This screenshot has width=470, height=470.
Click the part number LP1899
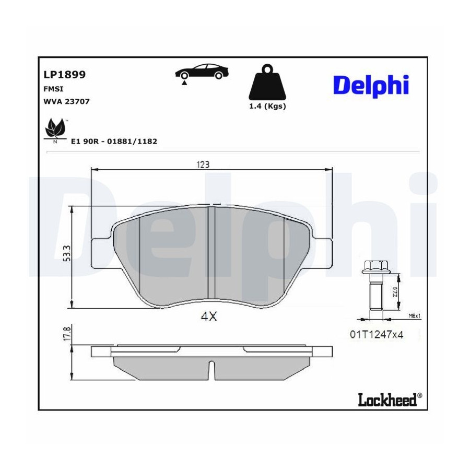click(x=64, y=75)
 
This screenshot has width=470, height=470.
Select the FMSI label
click(x=53, y=89)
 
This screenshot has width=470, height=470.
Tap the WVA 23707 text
click(x=66, y=102)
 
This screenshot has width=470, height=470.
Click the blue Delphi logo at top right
click(x=371, y=86)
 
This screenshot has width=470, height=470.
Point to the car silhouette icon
click(x=202, y=73)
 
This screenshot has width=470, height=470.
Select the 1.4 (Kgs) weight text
click(x=267, y=106)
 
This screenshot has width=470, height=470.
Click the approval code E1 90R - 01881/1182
click(x=114, y=141)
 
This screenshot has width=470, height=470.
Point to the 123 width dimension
click(x=203, y=164)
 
